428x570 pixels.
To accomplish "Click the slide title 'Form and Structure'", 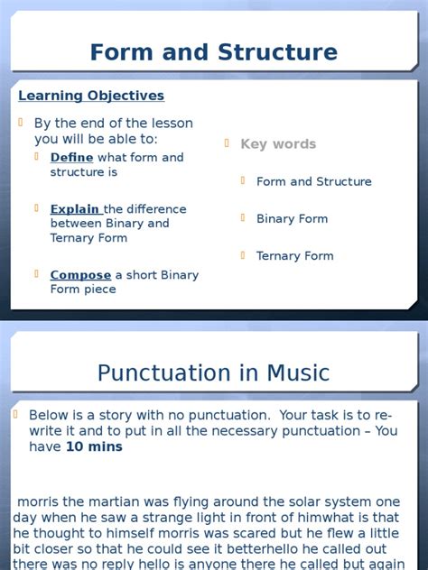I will (x=213, y=52).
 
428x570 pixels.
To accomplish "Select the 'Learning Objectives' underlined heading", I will (x=91, y=96).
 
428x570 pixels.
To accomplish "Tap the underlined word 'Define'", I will (x=71, y=158).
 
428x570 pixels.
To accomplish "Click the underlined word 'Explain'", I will (x=76, y=209).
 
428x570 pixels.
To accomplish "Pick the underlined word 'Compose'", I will (x=80, y=275).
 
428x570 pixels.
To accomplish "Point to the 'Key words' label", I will (x=278, y=144).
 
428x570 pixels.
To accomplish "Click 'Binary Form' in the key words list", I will (x=292, y=219).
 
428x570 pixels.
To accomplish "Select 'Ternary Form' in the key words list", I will (x=294, y=256).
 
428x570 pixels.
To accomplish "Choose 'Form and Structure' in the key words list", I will (x=313, y=182).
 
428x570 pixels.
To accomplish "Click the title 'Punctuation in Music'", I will (x=213, y=372).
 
